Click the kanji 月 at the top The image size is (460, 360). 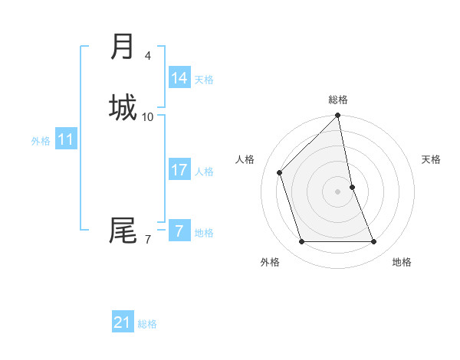pyautogui.click(x=123, y=47)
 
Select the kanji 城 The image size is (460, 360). pyautogui.click(x=123, y=106)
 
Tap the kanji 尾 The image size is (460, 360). pyautogui.click(x=123, y=230)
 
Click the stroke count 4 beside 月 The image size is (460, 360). pyautogui.click(x=148, y=55)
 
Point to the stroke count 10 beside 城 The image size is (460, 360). pyautogui.click(x=148, y=116)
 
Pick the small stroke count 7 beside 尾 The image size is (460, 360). pyautogui.click(x=148, y=240)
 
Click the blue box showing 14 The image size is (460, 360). pyautogui.click(x=179, y=78)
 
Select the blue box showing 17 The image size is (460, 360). pyautogui.click(x=179, y=170)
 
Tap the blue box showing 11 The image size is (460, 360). pyautogui.click(x=66, y=139)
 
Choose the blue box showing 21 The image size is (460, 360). pyautogui.click(x=123, y=322)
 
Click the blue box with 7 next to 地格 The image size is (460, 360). pyautogui.click(x=179, y=231)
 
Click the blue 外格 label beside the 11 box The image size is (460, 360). pyautogui.click(x=41, y=141)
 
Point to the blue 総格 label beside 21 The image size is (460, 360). pyautogui.click(x=147, y=324)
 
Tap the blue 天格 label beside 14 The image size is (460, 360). pyautogui.click(x=204, y=80)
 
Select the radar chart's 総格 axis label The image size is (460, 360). pyautogui.click(x=338, y=100)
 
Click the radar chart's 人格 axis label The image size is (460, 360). pyautogui.click(x=245, y=159)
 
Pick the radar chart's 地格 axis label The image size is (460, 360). pyautogui.click(x=402, y=262)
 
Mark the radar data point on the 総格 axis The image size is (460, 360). pyautogui.click(x=338, y=116)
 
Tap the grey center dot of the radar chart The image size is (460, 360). pyautogui.click(x=338, y=191)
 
